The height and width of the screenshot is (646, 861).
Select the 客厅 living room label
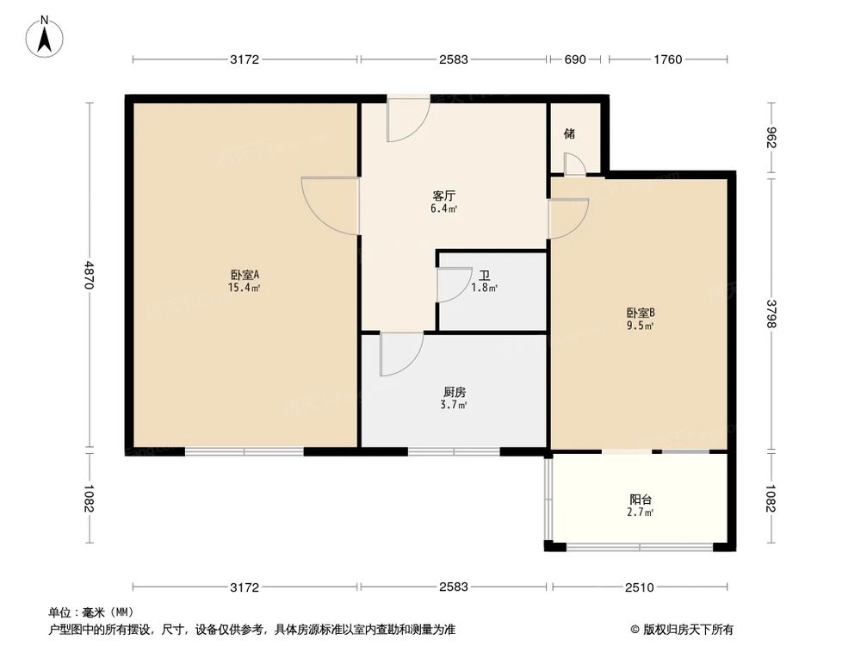[444, 196]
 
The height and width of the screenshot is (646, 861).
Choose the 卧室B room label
[641, 313]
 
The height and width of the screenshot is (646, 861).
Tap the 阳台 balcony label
[640, 500]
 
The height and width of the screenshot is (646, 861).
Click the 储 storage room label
[569, 134]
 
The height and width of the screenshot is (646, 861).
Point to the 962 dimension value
[771, 138]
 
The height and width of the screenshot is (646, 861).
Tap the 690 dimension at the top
[575, 59]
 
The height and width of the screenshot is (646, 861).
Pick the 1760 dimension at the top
[667, 59]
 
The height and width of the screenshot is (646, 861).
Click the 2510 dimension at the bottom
[639, 587]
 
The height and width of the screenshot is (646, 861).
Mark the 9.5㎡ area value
[640, 326]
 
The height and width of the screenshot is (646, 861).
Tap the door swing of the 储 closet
[574, 164]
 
